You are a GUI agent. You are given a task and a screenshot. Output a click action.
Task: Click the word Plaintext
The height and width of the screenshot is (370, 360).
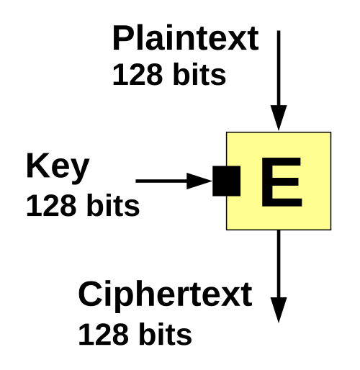click(185, 38)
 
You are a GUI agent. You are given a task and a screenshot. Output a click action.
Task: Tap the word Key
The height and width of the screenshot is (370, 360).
click(58, 168)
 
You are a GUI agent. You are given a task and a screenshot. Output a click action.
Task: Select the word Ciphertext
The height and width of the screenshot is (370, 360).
click(165, 297)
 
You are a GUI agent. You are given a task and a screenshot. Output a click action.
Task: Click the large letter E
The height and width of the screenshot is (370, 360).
click(282, 182)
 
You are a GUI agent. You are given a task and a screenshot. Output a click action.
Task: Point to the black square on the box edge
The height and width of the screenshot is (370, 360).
click(226, 181)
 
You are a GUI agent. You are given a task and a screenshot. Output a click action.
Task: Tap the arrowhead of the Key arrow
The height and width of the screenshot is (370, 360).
click(199, 181)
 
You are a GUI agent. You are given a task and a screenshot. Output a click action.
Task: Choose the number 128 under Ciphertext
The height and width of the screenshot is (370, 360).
click(102, 335)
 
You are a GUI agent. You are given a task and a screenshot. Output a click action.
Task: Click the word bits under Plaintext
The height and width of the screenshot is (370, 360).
click(199, 74)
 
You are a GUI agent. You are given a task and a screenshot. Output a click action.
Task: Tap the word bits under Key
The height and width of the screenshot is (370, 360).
click(113, 205)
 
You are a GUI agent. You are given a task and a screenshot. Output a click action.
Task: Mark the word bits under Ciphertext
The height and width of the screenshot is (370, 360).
click(166, 334)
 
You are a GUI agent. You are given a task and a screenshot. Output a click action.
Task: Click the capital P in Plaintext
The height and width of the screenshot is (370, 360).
click(123, 38)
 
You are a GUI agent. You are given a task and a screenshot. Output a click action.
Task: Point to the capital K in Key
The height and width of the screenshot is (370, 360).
click(37, 166)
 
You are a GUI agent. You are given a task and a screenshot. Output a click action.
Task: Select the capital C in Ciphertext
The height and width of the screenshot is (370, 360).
click(90, 294)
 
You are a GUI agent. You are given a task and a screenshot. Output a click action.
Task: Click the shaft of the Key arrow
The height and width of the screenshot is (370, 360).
click(161, 181)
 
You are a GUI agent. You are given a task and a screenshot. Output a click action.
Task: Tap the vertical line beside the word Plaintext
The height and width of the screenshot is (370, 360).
click(279, 68)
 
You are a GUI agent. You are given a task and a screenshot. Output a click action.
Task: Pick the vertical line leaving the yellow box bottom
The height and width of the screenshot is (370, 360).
click(279, 264)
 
